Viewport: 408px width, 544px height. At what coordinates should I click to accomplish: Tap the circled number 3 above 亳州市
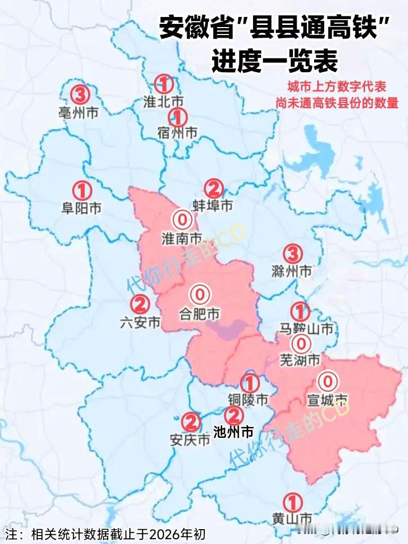coord(80,95)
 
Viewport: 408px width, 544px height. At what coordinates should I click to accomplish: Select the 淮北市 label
coord(163,101)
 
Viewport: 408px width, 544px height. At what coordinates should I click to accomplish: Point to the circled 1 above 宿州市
coord(177,116)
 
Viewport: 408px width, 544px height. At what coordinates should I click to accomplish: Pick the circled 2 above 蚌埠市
coord(213,188)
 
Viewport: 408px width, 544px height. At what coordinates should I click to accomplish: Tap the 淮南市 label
coord(181,238)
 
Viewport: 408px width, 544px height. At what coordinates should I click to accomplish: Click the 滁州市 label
coord(291,271)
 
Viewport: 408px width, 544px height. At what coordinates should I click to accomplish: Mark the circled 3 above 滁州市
coord(293,253)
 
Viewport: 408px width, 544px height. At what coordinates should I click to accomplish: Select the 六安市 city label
coord(140,322)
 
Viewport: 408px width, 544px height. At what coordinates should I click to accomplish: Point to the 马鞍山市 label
coord(306,329)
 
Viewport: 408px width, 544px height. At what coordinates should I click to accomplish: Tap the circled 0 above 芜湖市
coord(301,344)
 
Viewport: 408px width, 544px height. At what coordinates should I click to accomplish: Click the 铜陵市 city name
coord(248,400)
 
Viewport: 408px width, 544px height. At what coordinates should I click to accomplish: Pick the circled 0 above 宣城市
coord(327,381)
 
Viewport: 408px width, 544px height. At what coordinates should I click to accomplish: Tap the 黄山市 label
coord(291,518)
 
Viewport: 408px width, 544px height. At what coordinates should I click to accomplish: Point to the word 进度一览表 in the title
coord(275,61)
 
